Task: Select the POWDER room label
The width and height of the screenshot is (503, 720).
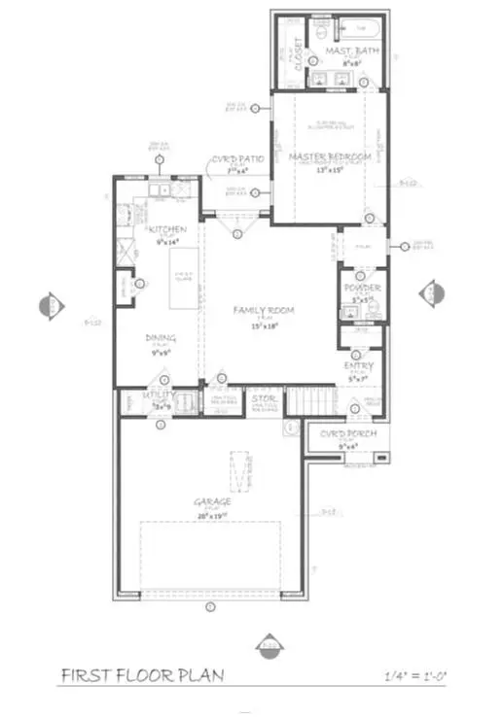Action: pos(361,289)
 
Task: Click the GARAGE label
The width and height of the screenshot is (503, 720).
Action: pos(212,501)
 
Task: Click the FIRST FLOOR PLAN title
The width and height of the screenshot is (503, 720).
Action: pos(141,675)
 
